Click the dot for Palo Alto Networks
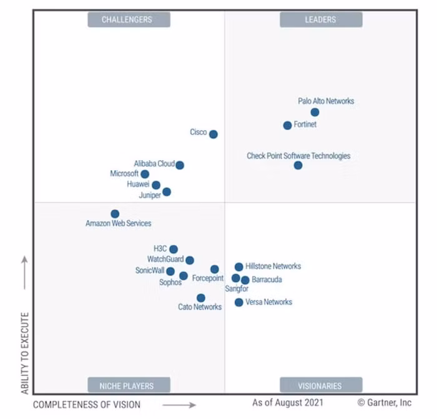pyautogui.click(x=315, y=113)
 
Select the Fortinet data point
pyautogui.click(x=287, y=126)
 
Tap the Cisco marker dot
pyautogui.click(x=213, y=134)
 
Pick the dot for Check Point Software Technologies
pyautogui.click(x=298, y=166)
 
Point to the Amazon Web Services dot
pyautogui.click(x=115, y=214)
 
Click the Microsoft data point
pyautogui.click(x=145, y=174)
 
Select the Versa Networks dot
pyautogui.click(x=238, y=303)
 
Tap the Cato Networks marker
pyautogui.click(x=200, y=298)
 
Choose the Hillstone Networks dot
pyautogui.click(x=238, y=267)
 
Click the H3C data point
pyautogui.click(x=174, y=250)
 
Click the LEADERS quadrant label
pyautogui.click(x=320, y=19)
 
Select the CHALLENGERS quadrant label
pyautogui.click(x=127, y=19)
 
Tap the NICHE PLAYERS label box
pyautogui.click(x=126, y=385)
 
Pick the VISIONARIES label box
pyautogui.click(x=320, y=385)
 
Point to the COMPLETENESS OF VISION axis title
pyautogui.click(x=87, y=405)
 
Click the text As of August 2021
pyautogui.click(x=288, y=403)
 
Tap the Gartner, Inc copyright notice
pyautogui.click(x=385, y=403)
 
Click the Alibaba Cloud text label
pyautogui.click(x=154, y=164)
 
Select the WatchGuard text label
pyautogui.click(x=165, y=260)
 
